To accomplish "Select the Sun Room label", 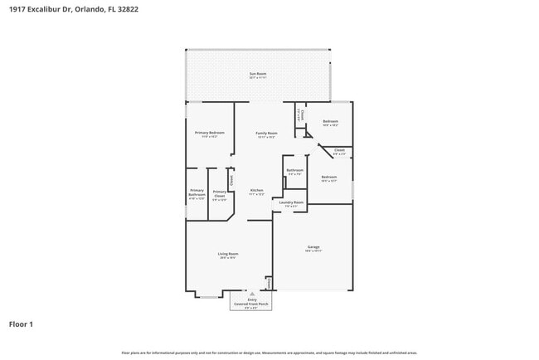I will tap(258, 75).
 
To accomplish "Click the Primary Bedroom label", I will tap(210, 133).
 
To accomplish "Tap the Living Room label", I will tap(228, 254).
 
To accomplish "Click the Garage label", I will tap(313, 247).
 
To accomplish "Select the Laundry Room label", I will tap(290, 202).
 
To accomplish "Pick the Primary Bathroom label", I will tap(197, 192).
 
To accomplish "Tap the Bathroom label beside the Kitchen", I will tap(294, 170).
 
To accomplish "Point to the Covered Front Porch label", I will tap(252, 304).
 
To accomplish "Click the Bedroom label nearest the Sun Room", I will tap(330, 122).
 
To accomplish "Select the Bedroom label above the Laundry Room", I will tap(329, 177).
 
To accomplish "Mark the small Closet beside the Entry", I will tap(269, 284).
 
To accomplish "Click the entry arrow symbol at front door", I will tap(252, 294).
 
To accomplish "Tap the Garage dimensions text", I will tap(313, 251).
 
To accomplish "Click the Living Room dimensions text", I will tap(228, 258).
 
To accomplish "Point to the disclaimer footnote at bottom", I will tap(269, 353).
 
